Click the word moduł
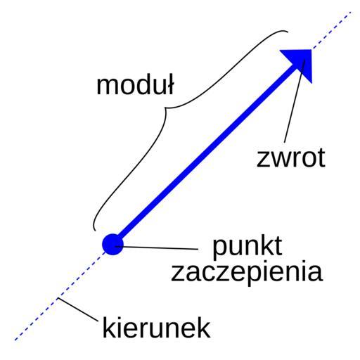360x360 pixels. [x=135, y=84]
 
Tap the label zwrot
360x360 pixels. [x=291, y=157]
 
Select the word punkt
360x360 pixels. [x=247, y=247]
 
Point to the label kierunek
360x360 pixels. [x=156, y=328]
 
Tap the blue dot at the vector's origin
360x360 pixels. [x=112, y=245]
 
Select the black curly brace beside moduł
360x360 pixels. [x=167, y=108]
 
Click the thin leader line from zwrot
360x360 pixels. [x=295, y=101]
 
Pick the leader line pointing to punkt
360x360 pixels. [x=157, y=247]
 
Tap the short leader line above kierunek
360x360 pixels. [x=78, y=309]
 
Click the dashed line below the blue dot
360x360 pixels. [x=58, y=297]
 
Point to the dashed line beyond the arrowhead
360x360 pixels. [x=332, y=30]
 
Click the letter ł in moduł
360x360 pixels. [x=170, y=84]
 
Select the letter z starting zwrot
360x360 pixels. [x=263, y=160]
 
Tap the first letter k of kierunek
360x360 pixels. [x=108, y=327]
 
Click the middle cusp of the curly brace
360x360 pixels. [x=165, y=108]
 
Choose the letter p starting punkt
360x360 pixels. [x=219, y=250]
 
